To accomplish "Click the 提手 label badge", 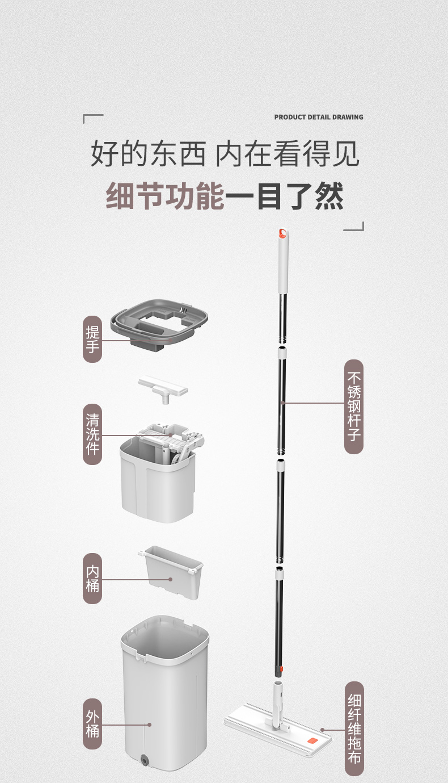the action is pos(92,340).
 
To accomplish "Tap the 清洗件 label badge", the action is pos(92,434).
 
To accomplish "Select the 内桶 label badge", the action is pos(92,578).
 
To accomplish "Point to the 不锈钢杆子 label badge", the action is pos(354,406).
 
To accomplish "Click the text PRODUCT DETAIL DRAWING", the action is pos(319,117).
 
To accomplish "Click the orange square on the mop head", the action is pos(311,741).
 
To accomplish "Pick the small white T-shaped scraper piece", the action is pos(163,388).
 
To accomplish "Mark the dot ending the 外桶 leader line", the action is pos(150,725).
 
